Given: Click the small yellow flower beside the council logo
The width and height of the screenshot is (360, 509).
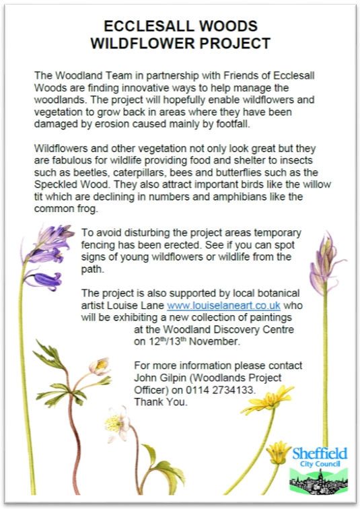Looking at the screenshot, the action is [x=278, y=450].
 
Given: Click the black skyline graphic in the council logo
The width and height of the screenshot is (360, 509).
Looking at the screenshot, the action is [x=318, y=480].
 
